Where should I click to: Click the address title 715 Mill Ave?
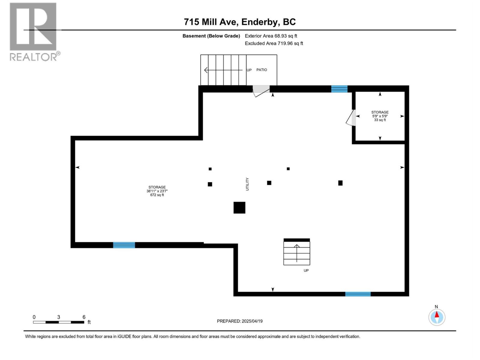tap(240, 22)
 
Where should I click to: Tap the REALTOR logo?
tap(33, 31)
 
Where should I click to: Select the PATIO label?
tap(262, 70)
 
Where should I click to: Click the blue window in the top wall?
tap(339, 89)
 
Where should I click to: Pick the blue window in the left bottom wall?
tap(124, 245)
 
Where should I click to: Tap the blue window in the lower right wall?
tap(358, 294)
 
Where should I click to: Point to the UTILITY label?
tap(247, 184)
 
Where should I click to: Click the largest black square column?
tap(239, 208)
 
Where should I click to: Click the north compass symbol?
tap(437, 317)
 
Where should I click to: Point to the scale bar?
tap(58, 322)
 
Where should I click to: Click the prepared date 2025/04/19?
tap(240, 321)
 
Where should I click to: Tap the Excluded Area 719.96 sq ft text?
tap(274, 43)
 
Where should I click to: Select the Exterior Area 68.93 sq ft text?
tap(271, 36)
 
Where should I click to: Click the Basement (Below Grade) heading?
tap(211, 36)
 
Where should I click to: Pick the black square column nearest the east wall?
tap(340, 183)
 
